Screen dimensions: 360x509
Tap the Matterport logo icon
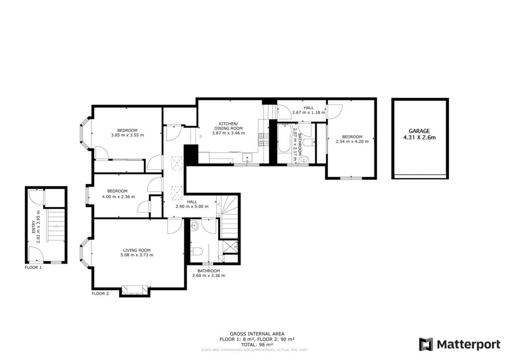pos(426,344)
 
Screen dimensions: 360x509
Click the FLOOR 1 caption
pos(33,268)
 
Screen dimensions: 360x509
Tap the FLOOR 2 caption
pos(100,294)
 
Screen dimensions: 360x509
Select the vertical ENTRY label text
pos(34,227)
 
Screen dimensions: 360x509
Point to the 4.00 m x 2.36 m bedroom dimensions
pos(117,196)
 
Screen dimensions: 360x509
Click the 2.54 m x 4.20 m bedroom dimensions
pos(351,142)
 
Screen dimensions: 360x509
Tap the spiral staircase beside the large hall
pos(230,214)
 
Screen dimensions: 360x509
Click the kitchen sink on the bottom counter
pos(248,159)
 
